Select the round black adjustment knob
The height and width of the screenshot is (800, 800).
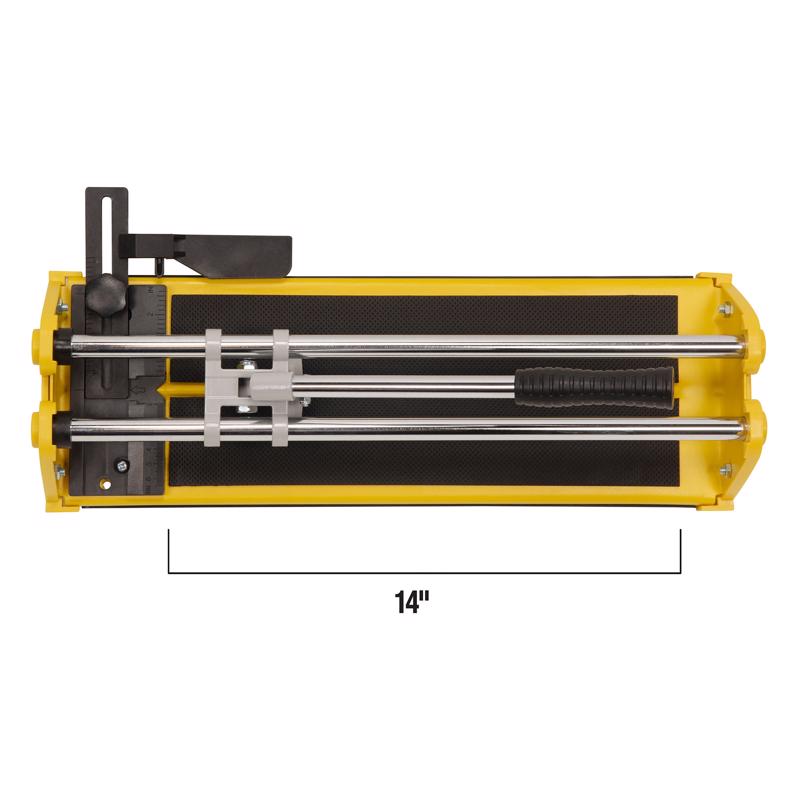point(103,294)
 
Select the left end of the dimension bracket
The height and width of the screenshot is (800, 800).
point(169,550)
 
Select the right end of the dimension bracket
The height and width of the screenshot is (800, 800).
point(680,550)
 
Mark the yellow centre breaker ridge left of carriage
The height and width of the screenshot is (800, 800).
point(185,386)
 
